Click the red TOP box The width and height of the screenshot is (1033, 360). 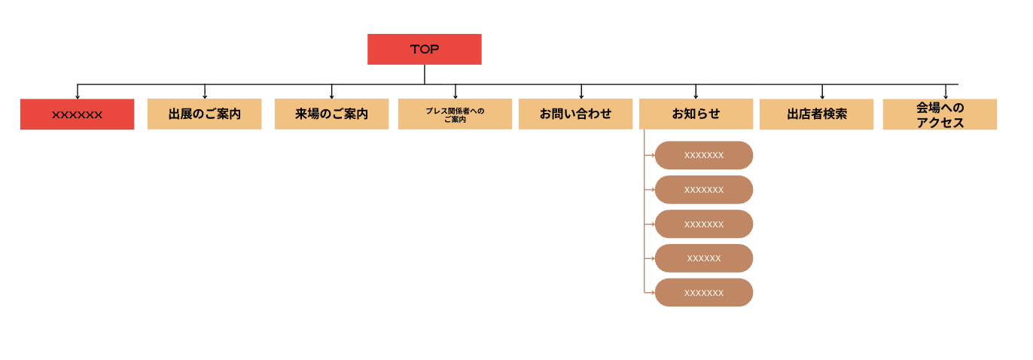coord(424,49)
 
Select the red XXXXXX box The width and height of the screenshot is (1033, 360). coord(77,114)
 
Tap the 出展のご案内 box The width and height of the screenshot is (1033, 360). coord(204,114)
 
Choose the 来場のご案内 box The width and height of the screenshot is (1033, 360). coord(331,114)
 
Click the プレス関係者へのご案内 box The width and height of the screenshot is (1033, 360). coord(455,114)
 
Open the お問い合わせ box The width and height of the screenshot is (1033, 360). coord(575,114)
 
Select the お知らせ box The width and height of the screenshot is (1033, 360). coord(696,114)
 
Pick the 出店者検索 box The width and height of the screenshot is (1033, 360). coord(816,114)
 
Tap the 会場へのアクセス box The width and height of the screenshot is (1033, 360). coord(940,114)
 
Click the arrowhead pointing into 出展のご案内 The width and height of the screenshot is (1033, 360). coord(205,96)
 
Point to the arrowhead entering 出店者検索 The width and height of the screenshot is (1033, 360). coord(822,96)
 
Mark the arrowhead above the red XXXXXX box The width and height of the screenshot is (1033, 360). coord(78,96)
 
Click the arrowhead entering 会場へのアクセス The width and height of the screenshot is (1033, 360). coord(946,96)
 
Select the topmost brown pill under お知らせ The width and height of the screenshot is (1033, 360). coord(703,155)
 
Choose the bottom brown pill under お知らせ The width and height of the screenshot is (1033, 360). coord(703,292)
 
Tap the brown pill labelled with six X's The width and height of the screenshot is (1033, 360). coord(703,258)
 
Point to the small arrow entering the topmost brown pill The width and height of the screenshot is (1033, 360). coord(652,155)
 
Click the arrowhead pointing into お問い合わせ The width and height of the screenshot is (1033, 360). coord(581,96)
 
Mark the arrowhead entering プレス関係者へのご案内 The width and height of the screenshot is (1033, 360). coord(455,96)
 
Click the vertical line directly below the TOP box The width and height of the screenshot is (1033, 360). coord(424,74)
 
